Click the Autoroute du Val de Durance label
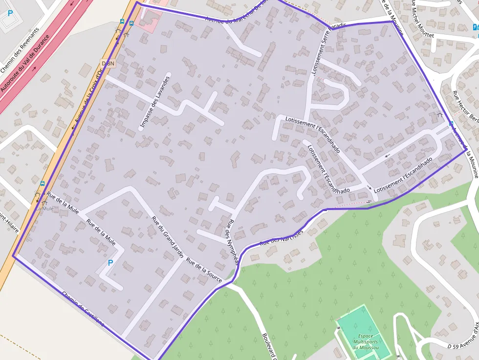click(25, 63)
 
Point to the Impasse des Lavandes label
click(155, 103)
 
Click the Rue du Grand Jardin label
click(167, 237)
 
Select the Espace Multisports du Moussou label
click(365, 341)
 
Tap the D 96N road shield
click(108, 64)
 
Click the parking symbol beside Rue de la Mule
click(110, 263)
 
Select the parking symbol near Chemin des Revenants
click(10, 13)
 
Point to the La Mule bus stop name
click(45, 209)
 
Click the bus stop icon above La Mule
click(43, 184)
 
